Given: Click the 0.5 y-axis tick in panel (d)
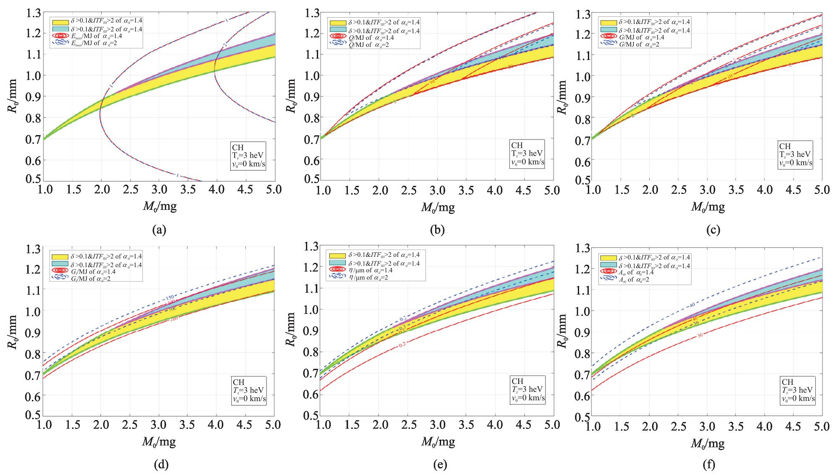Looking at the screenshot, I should (x=30, y=415).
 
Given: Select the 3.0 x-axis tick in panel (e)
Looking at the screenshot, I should (x=437, y=425).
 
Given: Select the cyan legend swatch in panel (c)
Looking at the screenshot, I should (x=608, y=30).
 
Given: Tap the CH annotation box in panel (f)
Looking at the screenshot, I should (x=798, y=390).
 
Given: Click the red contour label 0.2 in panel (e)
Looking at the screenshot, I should (x=402, y=344).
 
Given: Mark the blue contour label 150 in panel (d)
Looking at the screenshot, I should (x=170, y=299).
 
